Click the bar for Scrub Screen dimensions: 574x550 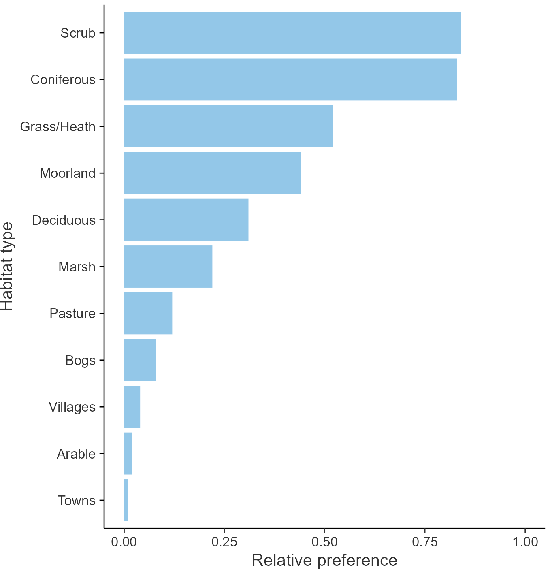292,33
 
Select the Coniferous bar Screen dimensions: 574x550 290,79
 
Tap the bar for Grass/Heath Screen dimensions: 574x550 228,126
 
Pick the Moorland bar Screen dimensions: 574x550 212,173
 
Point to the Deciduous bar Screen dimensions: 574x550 186,220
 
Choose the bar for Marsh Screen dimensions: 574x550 168,267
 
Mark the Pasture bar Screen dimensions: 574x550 148,313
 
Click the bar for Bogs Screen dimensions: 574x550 140,360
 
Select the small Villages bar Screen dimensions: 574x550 132,407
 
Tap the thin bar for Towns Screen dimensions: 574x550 126,500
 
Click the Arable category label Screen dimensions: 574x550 76,454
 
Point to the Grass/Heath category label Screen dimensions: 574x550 58,127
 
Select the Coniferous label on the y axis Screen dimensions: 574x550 63,80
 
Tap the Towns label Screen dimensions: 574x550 77,501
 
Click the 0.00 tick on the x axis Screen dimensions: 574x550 124,542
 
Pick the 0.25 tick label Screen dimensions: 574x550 224,542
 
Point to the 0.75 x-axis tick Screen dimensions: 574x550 425,542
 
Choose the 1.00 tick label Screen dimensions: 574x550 525,542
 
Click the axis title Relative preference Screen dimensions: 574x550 324,561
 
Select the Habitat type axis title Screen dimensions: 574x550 7,267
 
